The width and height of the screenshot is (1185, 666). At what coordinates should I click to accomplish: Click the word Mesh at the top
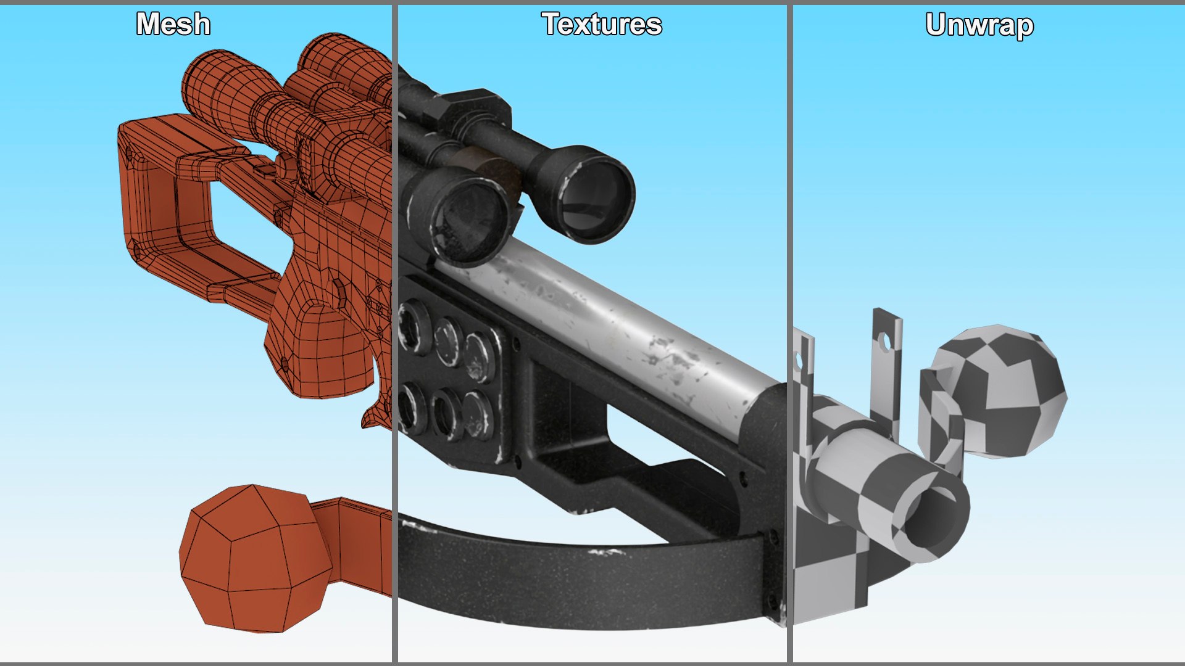pyautogui.click(x=173, y=25)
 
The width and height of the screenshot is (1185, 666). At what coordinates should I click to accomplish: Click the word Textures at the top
pyautogui.click(x=602, y=25)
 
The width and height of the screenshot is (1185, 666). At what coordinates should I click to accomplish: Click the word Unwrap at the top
pyautogui.click(x=979, y=25)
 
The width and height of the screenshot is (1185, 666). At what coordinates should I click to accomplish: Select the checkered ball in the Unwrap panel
pyautogui.click(x=1000, y=392)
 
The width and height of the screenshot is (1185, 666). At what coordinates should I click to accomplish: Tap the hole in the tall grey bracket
pyautogui.click(x=886, y=342)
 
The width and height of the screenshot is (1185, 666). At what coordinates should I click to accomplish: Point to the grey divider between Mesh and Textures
pyautogui.click(x=394, y=333)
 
